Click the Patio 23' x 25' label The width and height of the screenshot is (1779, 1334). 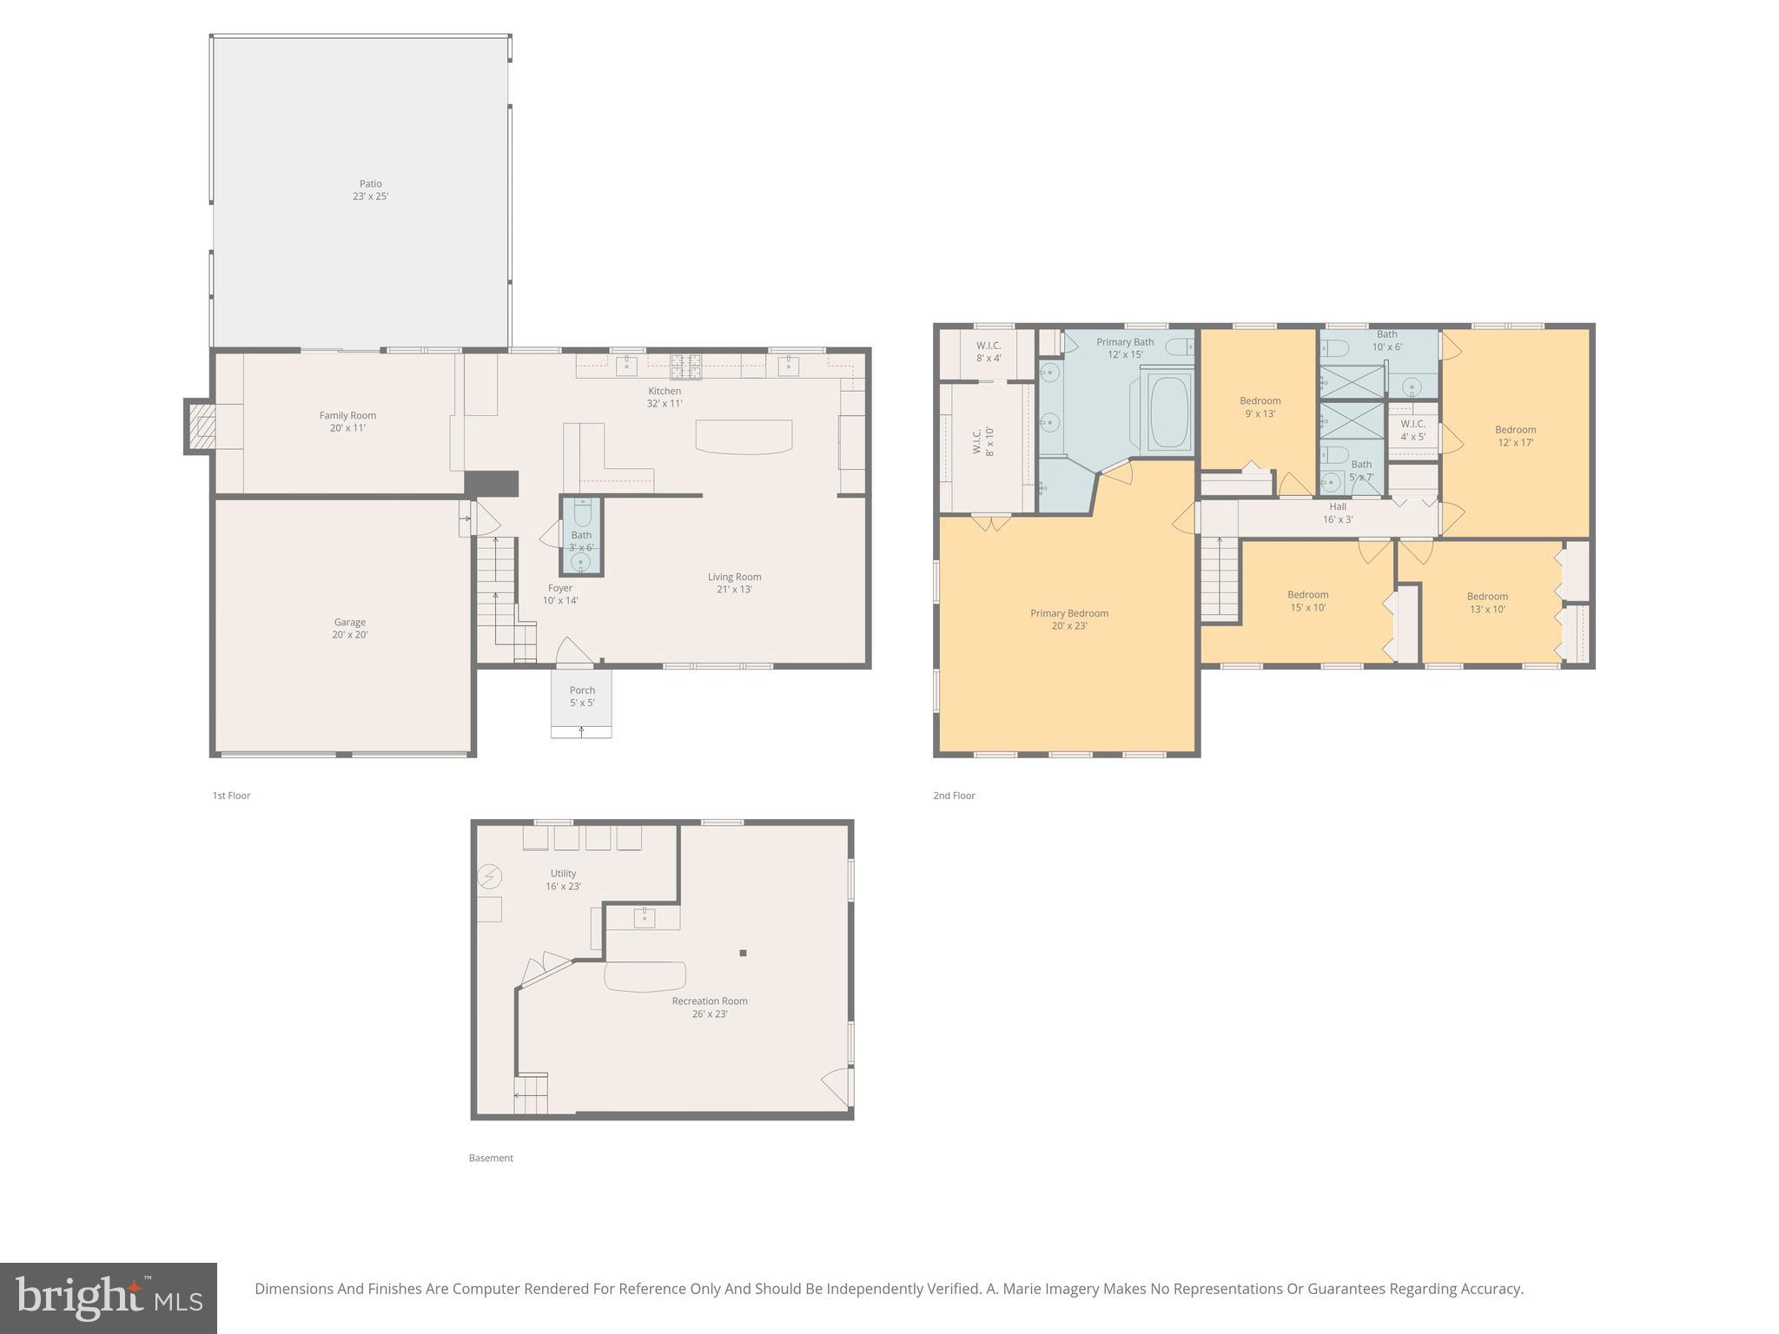click(x=370, y=190)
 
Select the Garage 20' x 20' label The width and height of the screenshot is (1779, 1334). click(x=350, y=628)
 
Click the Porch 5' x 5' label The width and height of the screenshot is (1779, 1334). click(x=582, y=697)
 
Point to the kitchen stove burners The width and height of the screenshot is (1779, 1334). click(x=685, y=367)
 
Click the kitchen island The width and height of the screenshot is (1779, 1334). click(x=744, y=436)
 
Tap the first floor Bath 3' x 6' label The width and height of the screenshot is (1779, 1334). click(x=581, y=541)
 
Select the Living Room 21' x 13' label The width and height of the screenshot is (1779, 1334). click(x=734, y=583)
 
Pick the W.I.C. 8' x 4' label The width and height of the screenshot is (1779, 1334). click(x=989, y=352)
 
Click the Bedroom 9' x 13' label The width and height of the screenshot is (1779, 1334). click(x=1260, y=406)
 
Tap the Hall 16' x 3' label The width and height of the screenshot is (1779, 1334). click(x=1338, y=512)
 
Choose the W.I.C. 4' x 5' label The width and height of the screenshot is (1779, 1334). click(x=1412, y=430)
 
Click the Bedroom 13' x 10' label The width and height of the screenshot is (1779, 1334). click(x=1487, y=603)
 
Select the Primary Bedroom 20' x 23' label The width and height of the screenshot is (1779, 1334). click(x=1069, y=619)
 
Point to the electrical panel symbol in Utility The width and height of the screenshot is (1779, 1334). click(x=489, y=876)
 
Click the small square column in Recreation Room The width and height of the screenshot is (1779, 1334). click(x=743, y=954)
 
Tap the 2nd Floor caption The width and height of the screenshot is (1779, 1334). click(x=954, y=796)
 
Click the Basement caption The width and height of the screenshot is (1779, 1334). click(x=491, y=1158)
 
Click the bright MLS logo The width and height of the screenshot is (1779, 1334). click(x=109, y=1298)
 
